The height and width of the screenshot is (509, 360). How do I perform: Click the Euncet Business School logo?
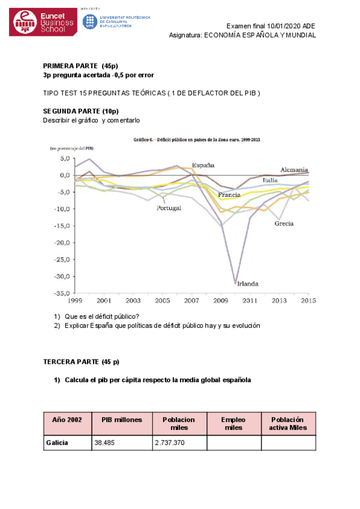43,22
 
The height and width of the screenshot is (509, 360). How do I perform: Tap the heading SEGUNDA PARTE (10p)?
81,111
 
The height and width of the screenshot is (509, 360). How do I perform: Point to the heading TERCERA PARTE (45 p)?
82,362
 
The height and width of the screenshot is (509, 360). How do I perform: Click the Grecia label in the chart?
284,224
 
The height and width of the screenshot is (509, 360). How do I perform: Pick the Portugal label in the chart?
169,208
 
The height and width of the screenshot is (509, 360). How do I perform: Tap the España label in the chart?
203,165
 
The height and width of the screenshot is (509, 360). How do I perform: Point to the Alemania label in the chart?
294,170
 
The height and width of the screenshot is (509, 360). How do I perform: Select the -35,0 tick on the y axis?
62,294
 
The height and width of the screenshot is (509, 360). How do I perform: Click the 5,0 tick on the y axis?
65,158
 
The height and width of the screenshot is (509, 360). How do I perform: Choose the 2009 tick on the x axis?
221,301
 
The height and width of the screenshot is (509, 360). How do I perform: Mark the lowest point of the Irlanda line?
236,283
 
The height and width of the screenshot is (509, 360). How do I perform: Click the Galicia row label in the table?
57,442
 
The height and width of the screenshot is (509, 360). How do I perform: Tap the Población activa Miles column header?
287,423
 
